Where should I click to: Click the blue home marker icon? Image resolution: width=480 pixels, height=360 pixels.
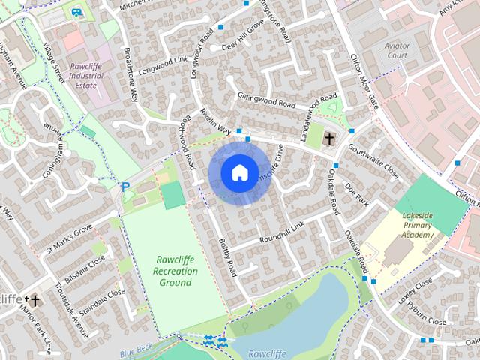(x=239, y=172)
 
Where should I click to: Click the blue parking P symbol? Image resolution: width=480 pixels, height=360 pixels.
(x=125, y=187)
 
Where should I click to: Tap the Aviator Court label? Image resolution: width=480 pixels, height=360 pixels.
(x=397, y=50)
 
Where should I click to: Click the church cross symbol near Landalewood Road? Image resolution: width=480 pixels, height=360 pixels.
(x=328, y=139)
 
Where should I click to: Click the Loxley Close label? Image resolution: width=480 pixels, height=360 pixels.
(x=415, y=292)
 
